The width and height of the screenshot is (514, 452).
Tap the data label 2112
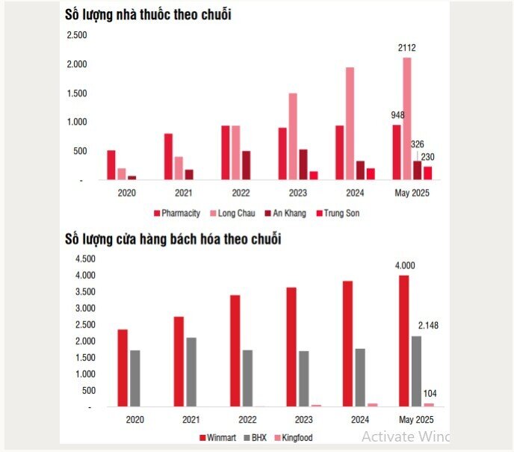tap(407, 48)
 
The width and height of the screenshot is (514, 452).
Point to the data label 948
tap(397, 115)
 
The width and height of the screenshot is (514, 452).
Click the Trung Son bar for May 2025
tap(428, 173)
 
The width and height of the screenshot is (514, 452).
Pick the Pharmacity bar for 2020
tap(111, 164)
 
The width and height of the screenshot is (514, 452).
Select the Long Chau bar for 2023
tap(293, 136)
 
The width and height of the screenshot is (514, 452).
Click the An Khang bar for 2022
tap(246, 165)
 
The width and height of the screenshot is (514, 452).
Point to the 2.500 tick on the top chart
tap(77, 36)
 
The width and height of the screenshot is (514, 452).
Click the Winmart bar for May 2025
tap(404, 341)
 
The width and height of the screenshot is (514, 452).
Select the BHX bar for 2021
tap(192, 372)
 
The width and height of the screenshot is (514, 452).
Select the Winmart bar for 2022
tap(235, 350)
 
